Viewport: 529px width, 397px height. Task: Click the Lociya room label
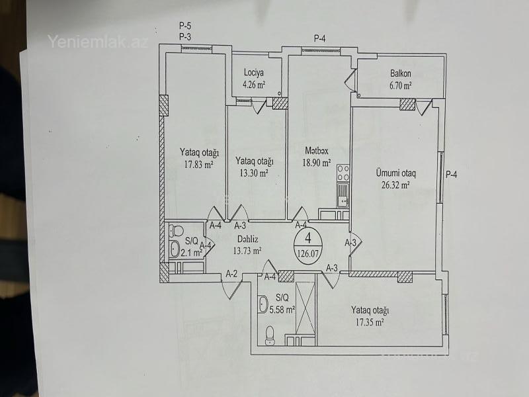254,73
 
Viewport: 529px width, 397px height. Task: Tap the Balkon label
401,73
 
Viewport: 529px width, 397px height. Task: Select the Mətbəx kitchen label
317,151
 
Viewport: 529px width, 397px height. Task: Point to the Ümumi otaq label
396,173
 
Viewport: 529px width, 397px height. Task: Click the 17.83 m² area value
198,164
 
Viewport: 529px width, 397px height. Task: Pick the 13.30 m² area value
254,173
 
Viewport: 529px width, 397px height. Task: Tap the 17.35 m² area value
370,322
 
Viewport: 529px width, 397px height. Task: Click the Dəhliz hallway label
247,240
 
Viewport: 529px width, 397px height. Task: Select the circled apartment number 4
307,238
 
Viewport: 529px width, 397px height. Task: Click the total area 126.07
308,253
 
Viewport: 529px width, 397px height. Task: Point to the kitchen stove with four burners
343,173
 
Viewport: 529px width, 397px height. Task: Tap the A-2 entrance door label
231,274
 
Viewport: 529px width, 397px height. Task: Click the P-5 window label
185,26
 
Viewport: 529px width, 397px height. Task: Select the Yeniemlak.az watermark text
98,42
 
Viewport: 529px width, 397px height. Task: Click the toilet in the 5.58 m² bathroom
270,335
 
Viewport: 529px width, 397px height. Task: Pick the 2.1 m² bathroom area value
191,252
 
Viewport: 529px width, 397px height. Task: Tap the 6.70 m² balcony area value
401,85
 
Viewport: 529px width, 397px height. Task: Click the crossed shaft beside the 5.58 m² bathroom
305,308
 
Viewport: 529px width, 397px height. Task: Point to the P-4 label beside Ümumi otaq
452,175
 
